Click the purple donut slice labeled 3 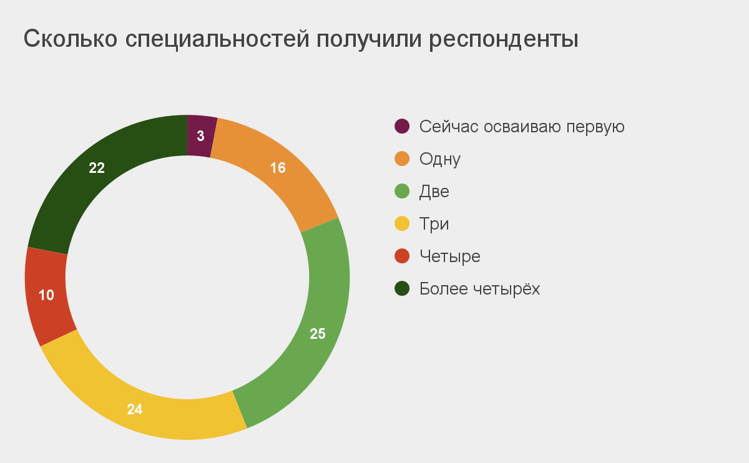(x=200, y=136)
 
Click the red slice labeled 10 (x=46, y=296)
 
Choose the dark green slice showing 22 (x=97, y=167)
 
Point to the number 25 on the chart (x=317, y=334)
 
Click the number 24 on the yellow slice (x=134, y=409)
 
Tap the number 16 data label (x=278, y=168)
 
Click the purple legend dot (x=402, y=126)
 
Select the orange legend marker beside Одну (x=402, y=158)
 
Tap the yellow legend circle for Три (x=402, y=223)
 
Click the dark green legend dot (x=402, y=288)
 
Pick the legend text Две (x=434, y=192)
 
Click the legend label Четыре (x=450, y=256)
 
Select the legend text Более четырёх (x=479, y=288)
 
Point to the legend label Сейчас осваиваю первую (x=522, y=127)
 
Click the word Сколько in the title (x=70, y=39)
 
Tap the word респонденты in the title (x=504, y=40)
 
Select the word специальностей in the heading (x=217, y=40)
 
